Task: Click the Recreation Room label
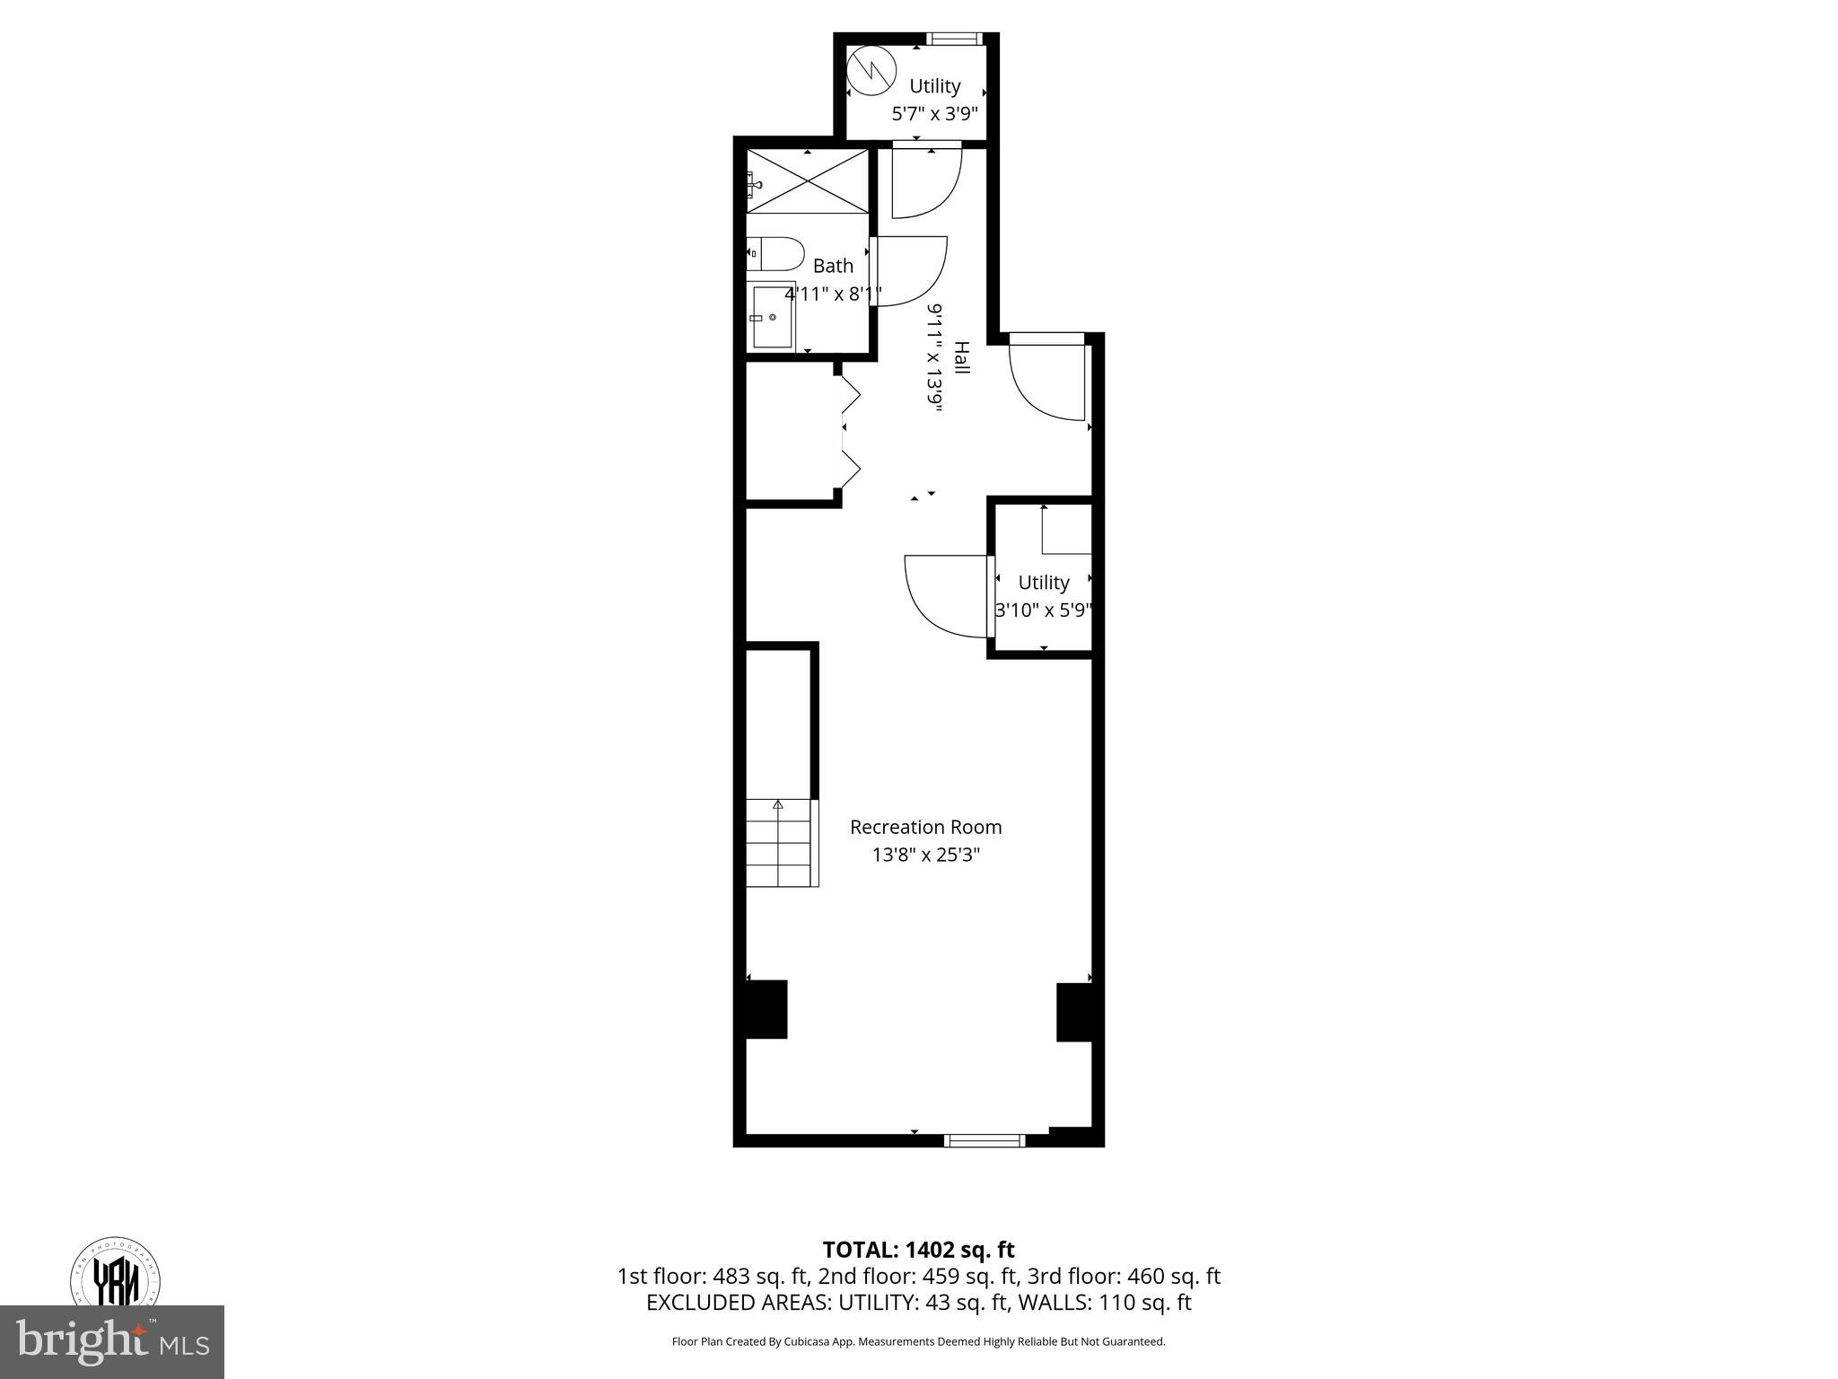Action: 925,827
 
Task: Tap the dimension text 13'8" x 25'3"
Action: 925,855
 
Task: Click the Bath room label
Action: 833,266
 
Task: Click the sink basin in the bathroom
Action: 773,317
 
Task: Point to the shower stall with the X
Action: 808,181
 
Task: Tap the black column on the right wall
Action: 1075,1012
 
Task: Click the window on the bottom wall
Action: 984,1140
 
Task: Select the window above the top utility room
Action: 954,39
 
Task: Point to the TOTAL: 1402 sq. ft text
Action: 918,1250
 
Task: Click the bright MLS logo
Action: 112,1341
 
